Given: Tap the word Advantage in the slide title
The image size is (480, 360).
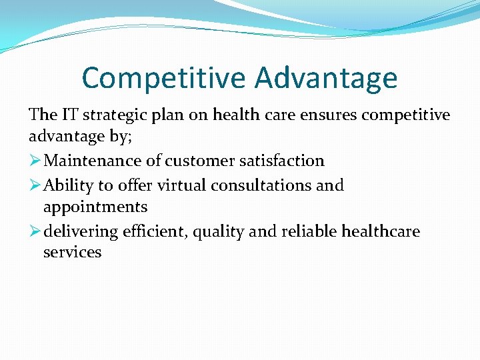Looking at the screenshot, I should [326, 78].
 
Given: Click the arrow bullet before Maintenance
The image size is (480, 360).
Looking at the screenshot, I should [35, 161].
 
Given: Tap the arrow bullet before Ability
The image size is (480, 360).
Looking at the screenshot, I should [35, 185].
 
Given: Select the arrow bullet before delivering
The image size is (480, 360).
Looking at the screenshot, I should [35, 231].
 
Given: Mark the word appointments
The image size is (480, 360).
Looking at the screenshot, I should [95, 207].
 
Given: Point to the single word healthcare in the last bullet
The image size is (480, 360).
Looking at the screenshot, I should [381, 231].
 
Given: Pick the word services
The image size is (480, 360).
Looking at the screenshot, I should [72, 253].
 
